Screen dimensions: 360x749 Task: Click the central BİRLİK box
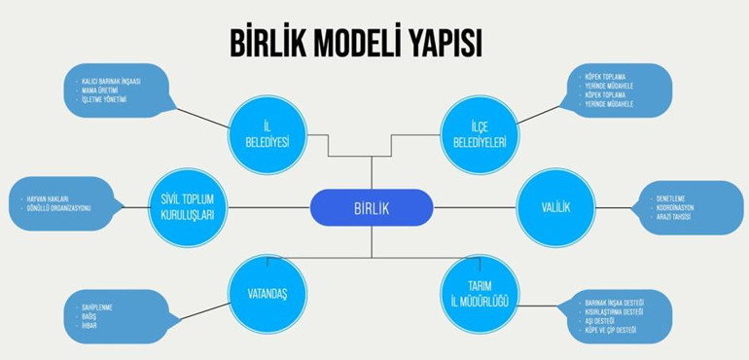pyautogui.click(x=371, y=207)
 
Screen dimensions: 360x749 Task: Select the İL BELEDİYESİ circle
pyautogui.click(x=267, y=134)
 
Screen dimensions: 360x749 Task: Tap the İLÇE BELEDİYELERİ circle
pyautogui.click(x=478, y=134)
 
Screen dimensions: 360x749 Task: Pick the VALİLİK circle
pyautogui.click(x=554, y=207)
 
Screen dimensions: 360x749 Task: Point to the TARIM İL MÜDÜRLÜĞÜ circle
pyautogui.click(x=478, y=290)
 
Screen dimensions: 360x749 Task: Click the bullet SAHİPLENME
pyautogui.click(x=96, y=307)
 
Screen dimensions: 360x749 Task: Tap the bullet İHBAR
pyautogui.click(x=89, y=326)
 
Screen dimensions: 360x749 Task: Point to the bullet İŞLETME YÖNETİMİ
pyautogui.click(x=109, y=99)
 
